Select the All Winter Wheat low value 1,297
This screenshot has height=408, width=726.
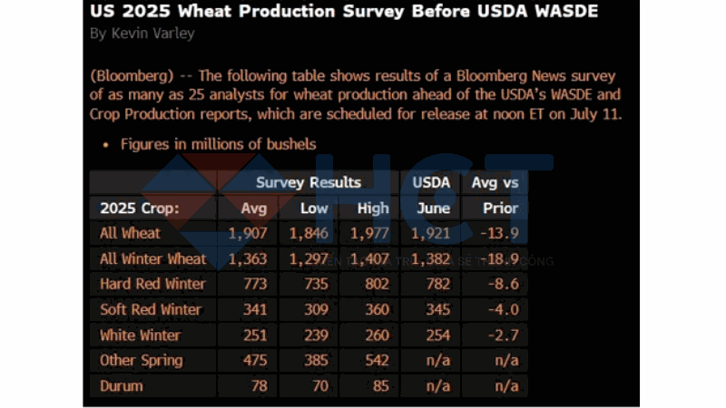(x=308, y=258)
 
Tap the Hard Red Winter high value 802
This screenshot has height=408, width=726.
(x=373, y=284)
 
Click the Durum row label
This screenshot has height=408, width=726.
(x=122, y=385)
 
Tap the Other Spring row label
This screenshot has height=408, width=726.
(x=141, y=360)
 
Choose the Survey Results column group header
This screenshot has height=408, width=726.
(x=309, y=182)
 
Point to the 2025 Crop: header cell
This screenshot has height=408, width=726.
(x=140, y=208)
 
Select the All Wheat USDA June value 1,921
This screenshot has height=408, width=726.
(x=432, y=233)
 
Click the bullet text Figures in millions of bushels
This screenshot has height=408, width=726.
(x=218, y=143)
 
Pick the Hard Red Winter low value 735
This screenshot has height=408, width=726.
(x=313, y=284)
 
